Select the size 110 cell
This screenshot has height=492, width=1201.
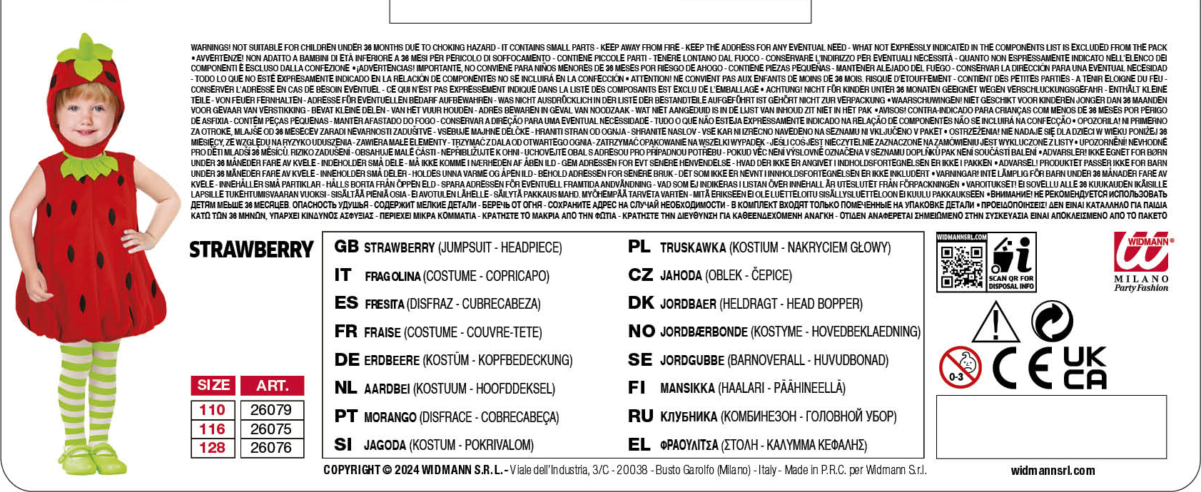[x=212, y=410]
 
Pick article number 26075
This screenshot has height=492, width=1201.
[x=271, y=429]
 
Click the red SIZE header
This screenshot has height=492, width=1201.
[x=213, y=385]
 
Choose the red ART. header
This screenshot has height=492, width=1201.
[x=272, y=386]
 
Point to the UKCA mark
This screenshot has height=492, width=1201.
[x=1085, y=368]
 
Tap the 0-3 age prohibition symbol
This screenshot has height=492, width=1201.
[x=960, y=368]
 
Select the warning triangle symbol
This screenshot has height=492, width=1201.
[x=995, y=323]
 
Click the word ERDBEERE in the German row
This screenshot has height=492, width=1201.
[x=392, y=361]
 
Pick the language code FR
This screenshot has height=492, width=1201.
[x=345, y=332]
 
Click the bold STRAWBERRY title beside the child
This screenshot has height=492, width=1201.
[x=251, y=250]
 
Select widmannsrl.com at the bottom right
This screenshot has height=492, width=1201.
[x=1053, y=471]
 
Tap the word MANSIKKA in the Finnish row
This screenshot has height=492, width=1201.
[x=687, y=389]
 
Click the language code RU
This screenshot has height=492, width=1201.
[x=640, y=416]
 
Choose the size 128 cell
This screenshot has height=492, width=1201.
[x=212, y=448]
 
